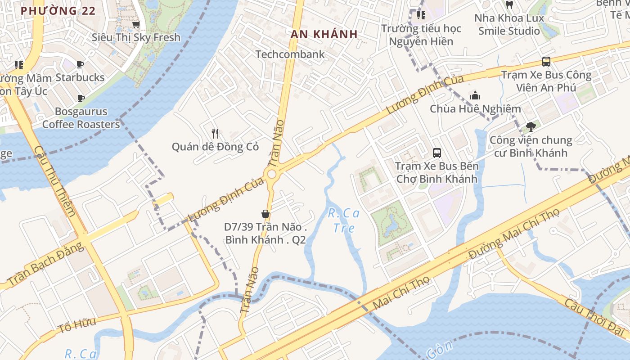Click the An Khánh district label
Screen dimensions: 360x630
(x=324, y=34)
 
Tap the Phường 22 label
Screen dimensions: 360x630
(x=58, y=11)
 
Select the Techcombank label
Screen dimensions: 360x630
(x=290, y=54)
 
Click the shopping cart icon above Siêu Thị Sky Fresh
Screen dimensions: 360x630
(x=136, y=24)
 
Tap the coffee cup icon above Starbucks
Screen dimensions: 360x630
(x=80, y=65)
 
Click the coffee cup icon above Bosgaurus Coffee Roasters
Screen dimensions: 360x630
(x=81, y=98)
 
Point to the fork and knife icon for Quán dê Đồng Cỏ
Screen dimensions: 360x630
(x=215, y=133)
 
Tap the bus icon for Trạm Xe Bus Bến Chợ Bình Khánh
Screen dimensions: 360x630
(x=436, y=153)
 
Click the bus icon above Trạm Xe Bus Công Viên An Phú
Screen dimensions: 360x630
(x=546, y=62)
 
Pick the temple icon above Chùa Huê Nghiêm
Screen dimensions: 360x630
(x=475, y=95)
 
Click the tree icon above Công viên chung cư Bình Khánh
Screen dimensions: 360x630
(x=531, y=127)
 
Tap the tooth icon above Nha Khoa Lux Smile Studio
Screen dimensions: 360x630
(x=509, y=5)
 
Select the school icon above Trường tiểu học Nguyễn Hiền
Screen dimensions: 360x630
(x=421, y=15)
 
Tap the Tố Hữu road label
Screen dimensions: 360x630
(x=76, y=326)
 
